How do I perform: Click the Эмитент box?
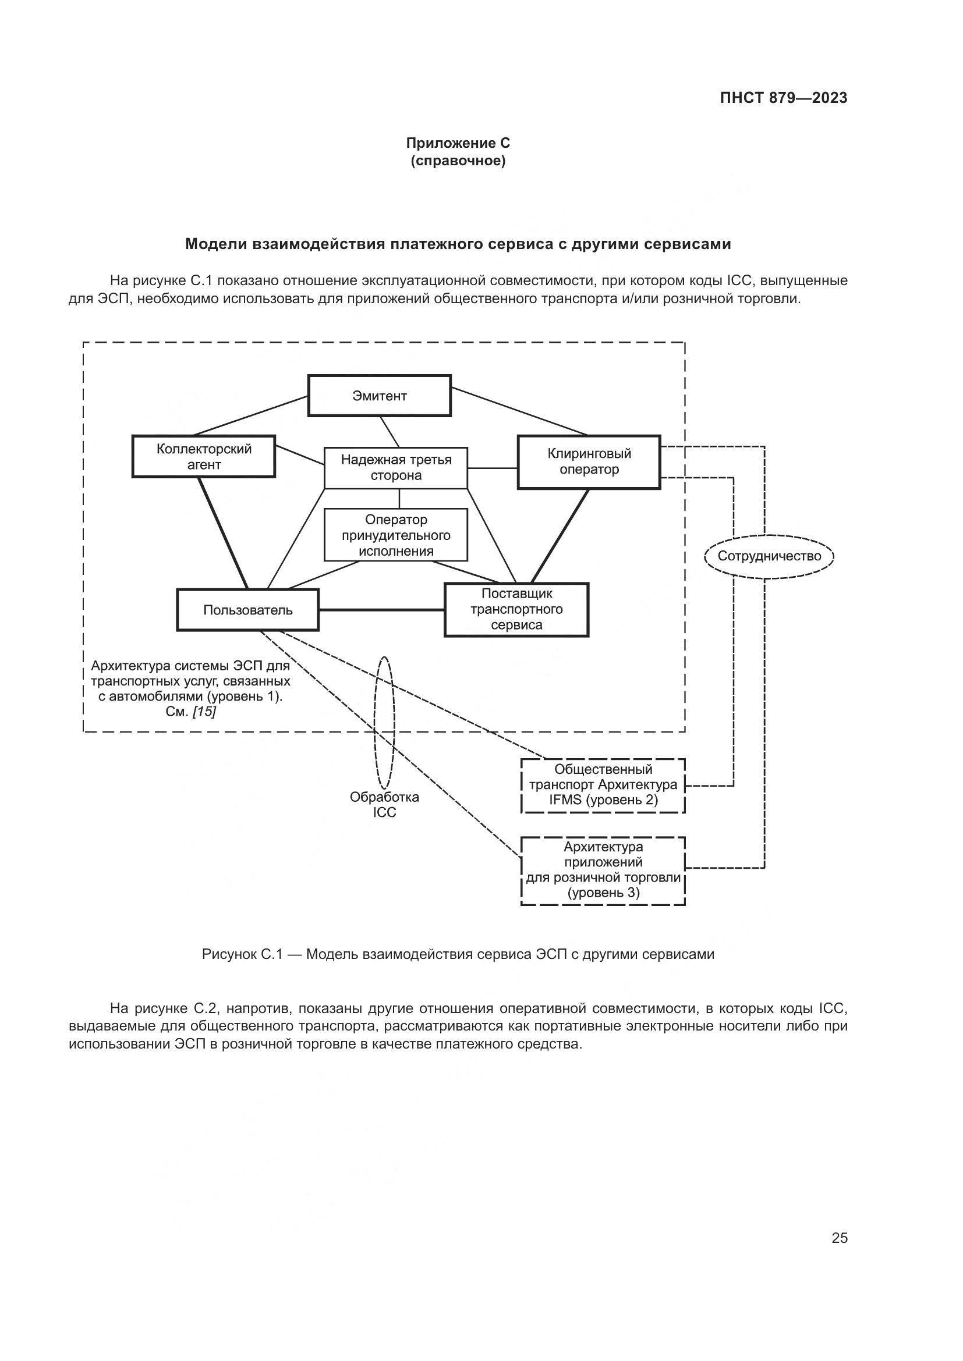[x=380, y=395]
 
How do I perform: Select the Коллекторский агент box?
[x=204, y=456]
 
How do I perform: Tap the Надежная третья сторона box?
[x=395, y=468]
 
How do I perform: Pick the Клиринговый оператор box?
[x=589, y=462]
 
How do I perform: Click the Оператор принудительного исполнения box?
[x=395, y=535]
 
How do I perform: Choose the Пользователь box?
[x=248, y=610]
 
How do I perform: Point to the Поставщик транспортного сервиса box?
[x=516, y=610]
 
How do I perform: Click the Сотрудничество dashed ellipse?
[x=769, y=556]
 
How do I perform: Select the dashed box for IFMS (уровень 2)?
[x=603, y=785]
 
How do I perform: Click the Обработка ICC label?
[x=384, y=804]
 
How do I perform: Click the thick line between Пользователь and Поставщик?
[x=381, y=610]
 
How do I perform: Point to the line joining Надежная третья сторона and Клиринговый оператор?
[x=492, y=468]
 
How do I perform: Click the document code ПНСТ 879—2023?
[x=783, y=98]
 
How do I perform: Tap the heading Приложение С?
[x=458, y=143]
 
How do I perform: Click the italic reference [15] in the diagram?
[x=204, y=711]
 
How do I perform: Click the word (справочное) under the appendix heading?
[x=458, y=161]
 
